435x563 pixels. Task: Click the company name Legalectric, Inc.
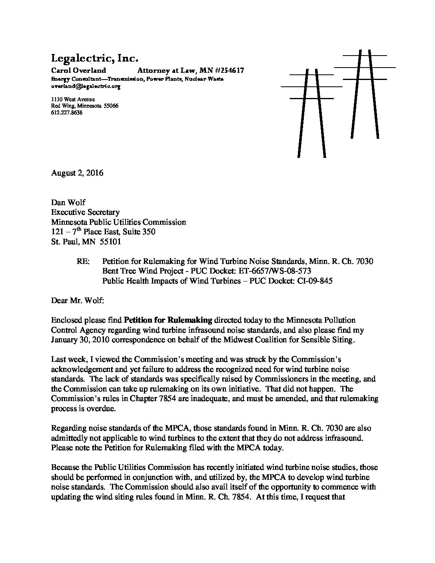[94, 59]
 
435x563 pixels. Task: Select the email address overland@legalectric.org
[86, 86]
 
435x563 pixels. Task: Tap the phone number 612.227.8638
[67, 113]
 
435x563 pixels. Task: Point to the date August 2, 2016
[77, 173]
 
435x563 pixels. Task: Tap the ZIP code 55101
[110, 242]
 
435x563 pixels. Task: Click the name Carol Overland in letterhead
[78, 71]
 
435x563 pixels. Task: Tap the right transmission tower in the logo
[365, 94]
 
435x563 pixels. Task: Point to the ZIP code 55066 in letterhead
[110, 106]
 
